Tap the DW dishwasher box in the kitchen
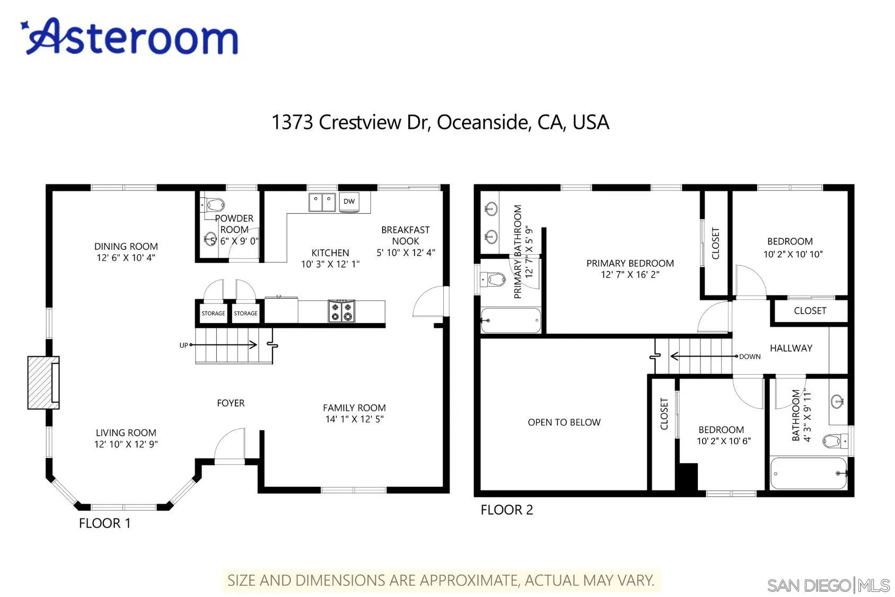tap(349, 201)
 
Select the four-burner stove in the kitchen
tap(341, 311)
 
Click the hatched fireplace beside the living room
tap(42, 383)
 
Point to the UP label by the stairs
tap(183, 345)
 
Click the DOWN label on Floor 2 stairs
tap(750, 357)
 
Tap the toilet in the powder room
tap(214, 204)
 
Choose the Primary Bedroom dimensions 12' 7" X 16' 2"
tap(630, 274)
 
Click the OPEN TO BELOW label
tap(564, 422)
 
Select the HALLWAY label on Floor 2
tap(791, 348)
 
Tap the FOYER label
tap(231, 403)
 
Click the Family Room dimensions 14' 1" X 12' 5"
tap(354, 419)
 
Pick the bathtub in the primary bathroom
tap(511, 321)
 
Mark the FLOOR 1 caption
tap(104, 523)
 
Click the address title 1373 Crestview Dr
tap(440, 122)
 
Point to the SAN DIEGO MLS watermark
tap(828, 585)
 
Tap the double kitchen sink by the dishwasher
tap(322, 202)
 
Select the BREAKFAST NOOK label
tap(405, 235)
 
